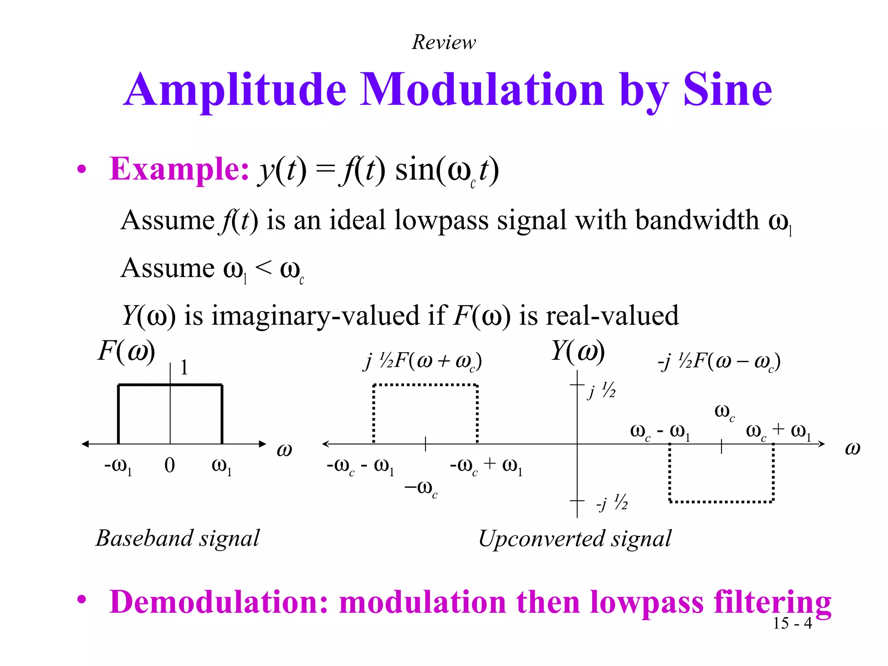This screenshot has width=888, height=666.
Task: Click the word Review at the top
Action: click(444, 42)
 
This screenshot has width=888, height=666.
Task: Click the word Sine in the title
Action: click(727, 90)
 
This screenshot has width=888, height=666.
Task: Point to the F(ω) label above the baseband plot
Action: click(126, 351)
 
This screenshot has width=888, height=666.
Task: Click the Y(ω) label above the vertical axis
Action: click(578, 351)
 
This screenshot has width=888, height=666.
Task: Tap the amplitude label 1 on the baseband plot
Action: click(184, 368)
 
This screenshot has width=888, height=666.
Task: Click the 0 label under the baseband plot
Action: click(170, 466)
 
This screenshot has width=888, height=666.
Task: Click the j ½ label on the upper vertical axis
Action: click(602, 391)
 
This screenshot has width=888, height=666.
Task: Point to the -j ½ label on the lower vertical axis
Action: click(612, 503)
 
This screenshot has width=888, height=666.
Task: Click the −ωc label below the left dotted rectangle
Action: click(421, 488)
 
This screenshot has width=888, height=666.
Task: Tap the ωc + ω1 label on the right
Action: click(778, 431)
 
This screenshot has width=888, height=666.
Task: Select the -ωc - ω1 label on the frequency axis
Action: click(360, 467)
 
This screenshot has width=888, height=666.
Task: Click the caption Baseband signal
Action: click(177, 539)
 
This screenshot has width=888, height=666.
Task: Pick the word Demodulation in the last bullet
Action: click(219, 603)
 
